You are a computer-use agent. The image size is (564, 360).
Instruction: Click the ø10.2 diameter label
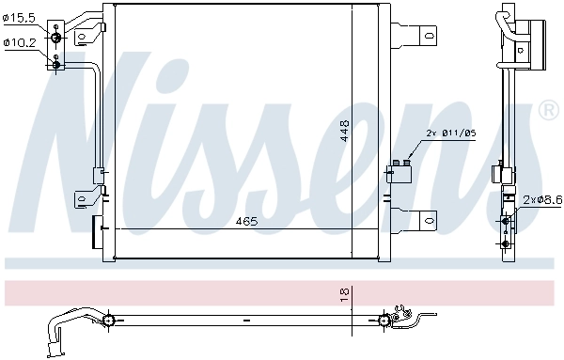(21, 42)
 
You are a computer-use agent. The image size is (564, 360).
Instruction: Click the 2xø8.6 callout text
(542, 200)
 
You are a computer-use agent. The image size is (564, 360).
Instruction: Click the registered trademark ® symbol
(546, 112)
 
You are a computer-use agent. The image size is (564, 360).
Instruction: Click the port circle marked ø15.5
(56, 38)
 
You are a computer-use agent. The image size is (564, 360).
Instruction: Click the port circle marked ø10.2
(56, 63)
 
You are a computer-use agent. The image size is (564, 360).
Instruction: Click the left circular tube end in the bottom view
(110, 321)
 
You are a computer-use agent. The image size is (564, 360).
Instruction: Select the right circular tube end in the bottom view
(384, 321)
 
